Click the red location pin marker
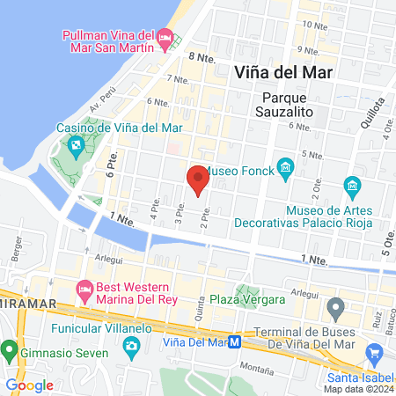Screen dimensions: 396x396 point(197,180)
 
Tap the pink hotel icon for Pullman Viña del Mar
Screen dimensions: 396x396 point(165,37)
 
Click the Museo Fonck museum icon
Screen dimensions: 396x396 point(284,167)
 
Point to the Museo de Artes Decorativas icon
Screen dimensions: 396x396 point(352,186)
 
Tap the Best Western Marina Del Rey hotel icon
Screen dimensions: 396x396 point(85,288)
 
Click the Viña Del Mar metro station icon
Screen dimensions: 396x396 point(235,342)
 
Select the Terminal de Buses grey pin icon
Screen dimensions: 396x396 point(334,309)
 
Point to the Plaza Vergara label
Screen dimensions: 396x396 point(247,300)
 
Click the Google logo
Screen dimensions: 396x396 point(29,385)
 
